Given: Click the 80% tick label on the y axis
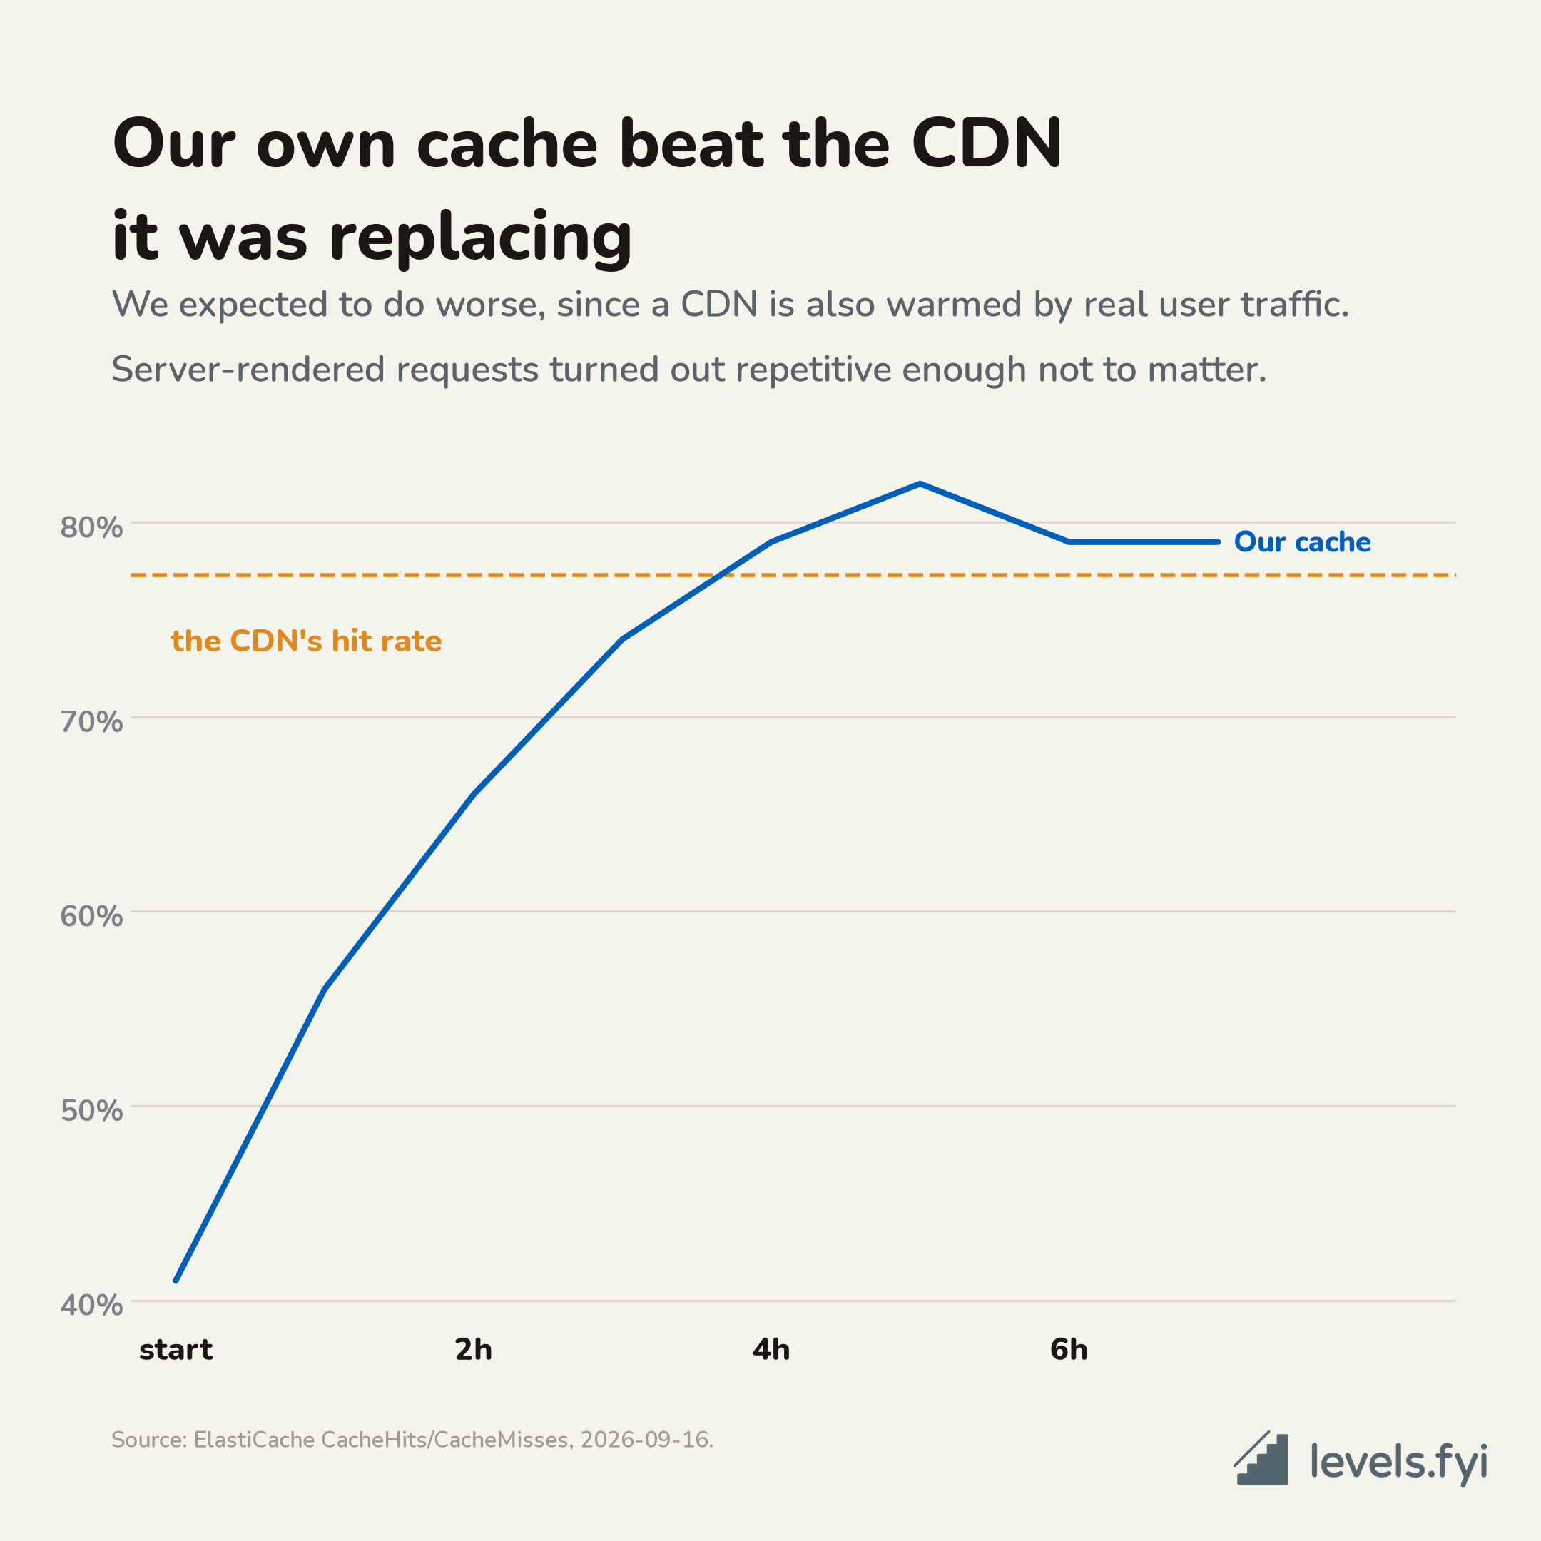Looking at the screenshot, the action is (92, 527).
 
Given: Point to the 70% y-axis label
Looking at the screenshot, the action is (92, 722).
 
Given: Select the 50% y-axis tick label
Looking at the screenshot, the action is (92, 1110).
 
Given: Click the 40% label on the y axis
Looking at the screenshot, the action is (92, 1305).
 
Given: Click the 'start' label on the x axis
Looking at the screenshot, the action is (176, 1351).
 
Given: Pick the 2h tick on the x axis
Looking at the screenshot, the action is (474, 1350).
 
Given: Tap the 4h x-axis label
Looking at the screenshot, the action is (771, 1350).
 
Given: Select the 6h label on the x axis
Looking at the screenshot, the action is (1069, 1350).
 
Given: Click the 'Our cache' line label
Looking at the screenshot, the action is (1303, 542).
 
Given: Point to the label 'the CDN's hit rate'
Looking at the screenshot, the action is (306, 641).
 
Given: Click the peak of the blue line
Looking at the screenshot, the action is (920, 484).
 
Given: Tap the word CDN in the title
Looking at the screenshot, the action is (987, 144).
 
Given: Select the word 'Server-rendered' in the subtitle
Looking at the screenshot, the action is (248, 370).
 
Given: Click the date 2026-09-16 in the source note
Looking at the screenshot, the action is (644, 1440).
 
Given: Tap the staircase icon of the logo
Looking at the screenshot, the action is (1261, 1459).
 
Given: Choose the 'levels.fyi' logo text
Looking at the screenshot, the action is (1399, 1461).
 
